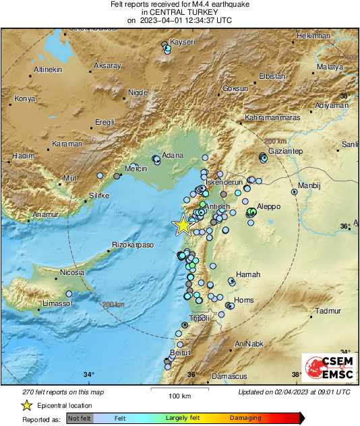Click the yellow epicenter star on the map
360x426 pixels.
183,226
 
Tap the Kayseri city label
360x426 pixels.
183,42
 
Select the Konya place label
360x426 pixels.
25,99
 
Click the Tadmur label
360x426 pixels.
329,311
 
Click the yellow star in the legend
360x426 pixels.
26,405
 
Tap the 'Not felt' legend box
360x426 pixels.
78,419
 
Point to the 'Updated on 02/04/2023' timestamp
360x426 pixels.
294,392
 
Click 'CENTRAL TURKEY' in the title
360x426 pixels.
179,12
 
